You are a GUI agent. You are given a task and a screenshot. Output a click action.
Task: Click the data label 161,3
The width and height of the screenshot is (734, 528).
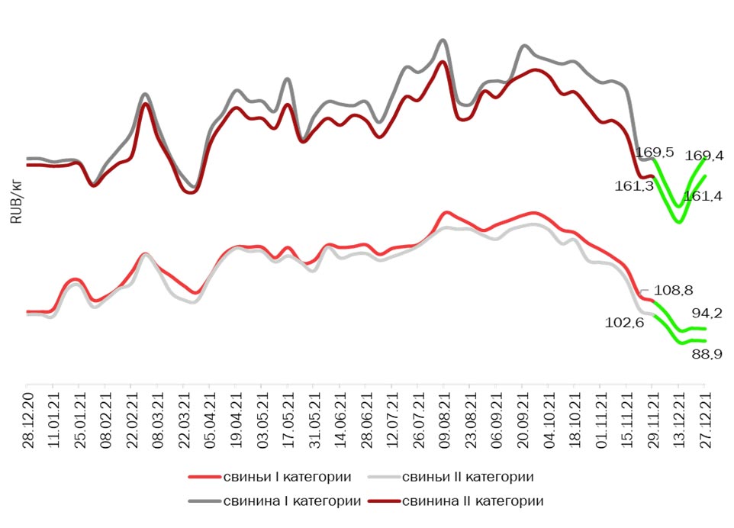click(634, 185)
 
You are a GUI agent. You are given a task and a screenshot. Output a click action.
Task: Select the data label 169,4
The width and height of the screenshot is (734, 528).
click(704, 156)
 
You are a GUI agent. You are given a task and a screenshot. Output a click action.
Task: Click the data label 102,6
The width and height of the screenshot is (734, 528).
click(625, 323)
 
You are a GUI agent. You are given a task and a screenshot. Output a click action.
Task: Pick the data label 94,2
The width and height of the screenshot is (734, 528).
click(707, 313)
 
